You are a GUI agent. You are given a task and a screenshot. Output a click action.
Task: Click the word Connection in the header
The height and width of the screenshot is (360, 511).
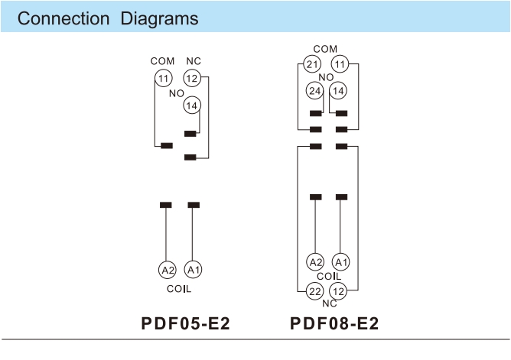[x=63, y=18]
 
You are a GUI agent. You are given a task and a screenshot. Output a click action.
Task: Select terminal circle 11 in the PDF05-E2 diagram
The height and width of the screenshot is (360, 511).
[x=163, y=78]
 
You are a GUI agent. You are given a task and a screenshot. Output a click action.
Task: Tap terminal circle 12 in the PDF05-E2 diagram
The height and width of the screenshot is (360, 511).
[x=192, y=78]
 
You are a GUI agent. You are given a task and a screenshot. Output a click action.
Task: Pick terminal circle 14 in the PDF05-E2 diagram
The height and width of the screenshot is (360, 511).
[x=192, y=105]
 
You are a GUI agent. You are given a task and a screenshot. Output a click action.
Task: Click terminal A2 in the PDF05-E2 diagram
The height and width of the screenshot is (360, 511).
[x=167, y=269]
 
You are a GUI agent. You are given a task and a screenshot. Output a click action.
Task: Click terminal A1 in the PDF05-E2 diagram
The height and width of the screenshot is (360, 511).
[x=194, y=269]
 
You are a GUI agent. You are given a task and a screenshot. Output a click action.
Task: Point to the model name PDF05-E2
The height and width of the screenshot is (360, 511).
[x=185, y=323]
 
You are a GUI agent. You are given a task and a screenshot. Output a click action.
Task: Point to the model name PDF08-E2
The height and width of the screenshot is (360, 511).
[x=334, y=323]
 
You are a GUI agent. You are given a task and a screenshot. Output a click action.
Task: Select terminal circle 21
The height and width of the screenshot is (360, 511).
[x=312, y=64]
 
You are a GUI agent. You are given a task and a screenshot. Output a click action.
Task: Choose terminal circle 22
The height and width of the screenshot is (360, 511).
[x=314, y=290]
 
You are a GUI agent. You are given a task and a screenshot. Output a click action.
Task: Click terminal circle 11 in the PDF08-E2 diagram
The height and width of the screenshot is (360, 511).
[x=340, y=64]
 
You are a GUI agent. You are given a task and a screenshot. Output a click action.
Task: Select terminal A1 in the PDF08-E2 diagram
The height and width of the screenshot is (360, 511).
[x=342, y=262]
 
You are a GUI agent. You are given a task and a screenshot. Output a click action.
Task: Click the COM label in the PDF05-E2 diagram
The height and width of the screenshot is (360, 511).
[x=162, y=61]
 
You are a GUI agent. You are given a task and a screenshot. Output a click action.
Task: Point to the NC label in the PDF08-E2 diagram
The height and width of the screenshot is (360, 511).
[x=328, y=303]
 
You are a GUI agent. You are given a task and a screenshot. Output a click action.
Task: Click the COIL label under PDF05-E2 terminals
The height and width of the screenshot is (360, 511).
[x=179, y=290]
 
